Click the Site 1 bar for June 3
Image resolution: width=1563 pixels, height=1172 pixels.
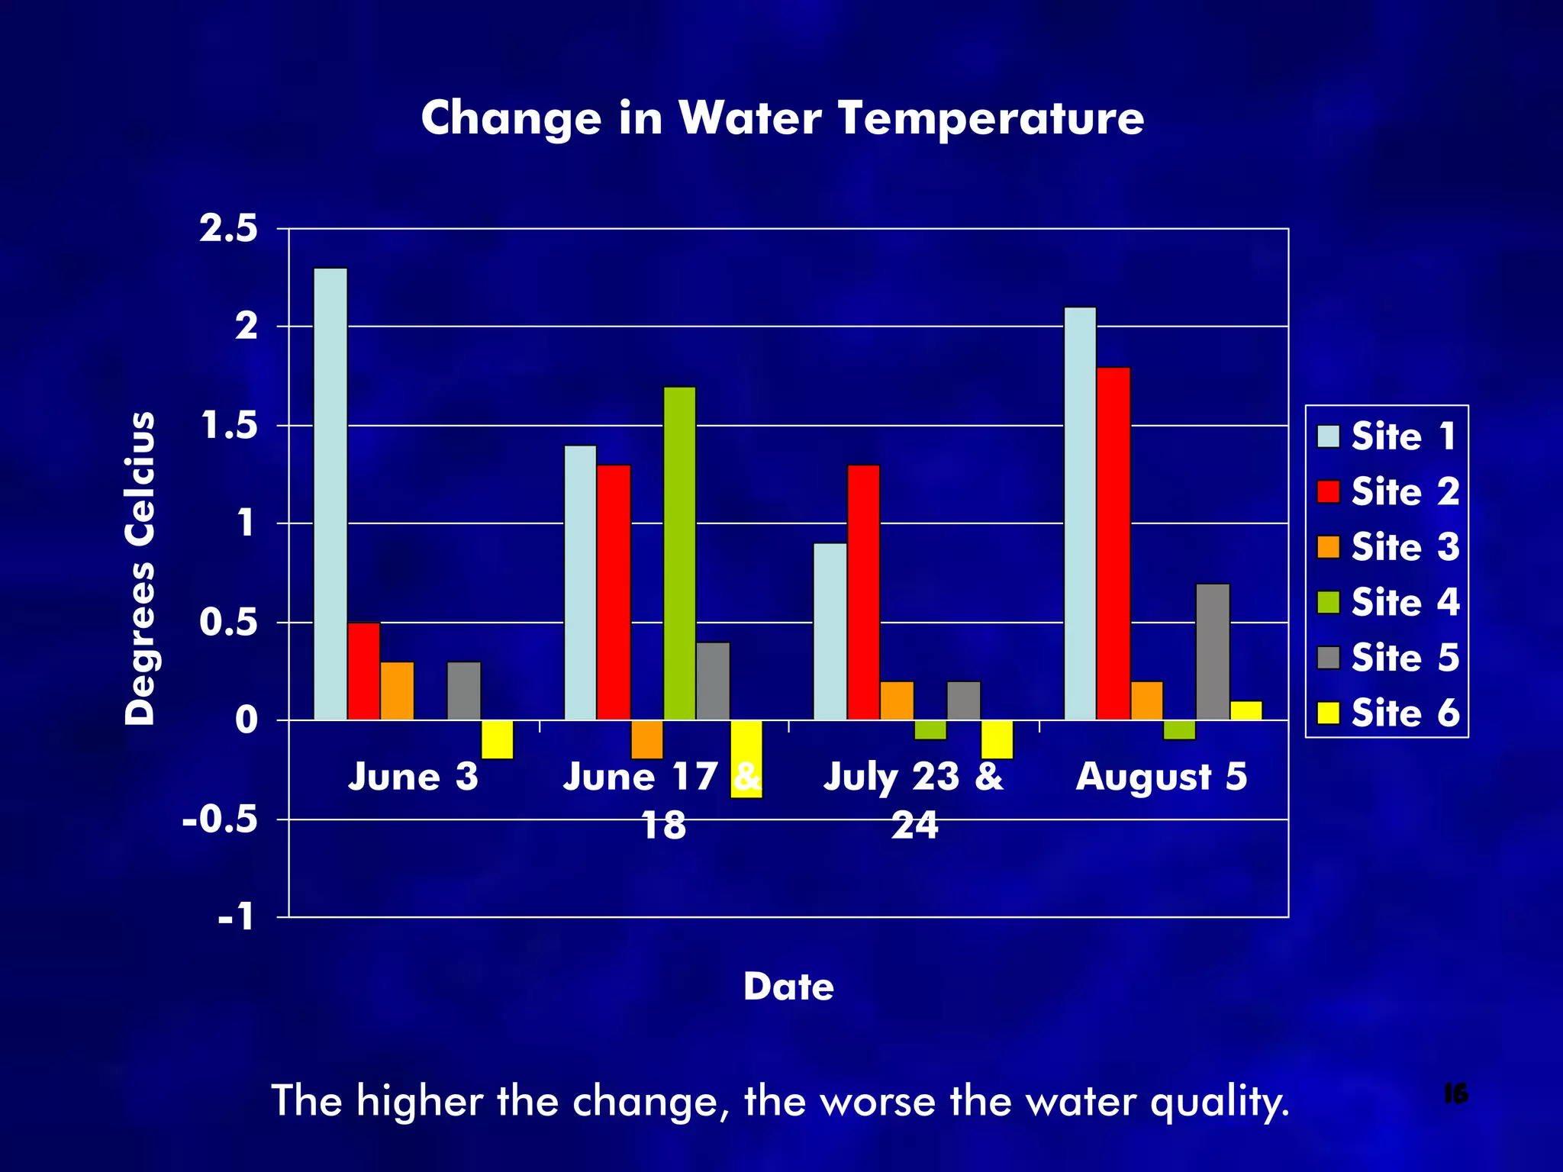pos(330,494)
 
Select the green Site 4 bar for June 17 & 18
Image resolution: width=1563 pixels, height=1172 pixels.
pos(679,553)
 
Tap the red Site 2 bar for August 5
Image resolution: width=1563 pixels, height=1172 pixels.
pos(1113,543)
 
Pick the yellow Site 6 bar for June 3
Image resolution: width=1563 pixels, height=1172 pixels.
pos(497,739)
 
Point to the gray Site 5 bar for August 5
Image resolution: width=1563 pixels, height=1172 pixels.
pos(1213,652)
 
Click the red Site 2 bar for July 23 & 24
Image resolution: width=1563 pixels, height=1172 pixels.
pos(863,592)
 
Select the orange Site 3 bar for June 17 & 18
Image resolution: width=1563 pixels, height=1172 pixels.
pos(647,739)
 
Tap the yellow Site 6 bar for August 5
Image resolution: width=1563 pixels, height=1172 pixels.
pos(1246,710)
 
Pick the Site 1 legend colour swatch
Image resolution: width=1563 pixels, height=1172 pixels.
pos(1329,436)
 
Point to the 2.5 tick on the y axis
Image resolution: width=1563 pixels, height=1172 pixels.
pos(229,229)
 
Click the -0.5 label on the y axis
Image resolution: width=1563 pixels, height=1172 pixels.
pos(220,820)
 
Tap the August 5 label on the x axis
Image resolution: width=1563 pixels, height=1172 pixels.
pos(1161,777)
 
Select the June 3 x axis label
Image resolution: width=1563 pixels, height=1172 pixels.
pos(413,777)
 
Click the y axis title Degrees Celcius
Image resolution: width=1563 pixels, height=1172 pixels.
pos(140,568)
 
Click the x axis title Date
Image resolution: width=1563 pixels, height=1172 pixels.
pos(788,987)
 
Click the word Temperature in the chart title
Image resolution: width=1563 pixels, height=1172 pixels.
pos(990,119)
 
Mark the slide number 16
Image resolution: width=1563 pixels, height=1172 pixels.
pos(1455,1094)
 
